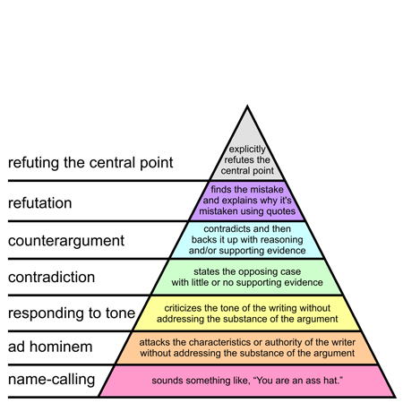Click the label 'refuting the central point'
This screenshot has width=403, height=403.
pyautogui.click(x=90, y=164)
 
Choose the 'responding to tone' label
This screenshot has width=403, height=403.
pyautogui.click(x=71, y=313)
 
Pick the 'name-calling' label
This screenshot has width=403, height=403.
pyautogui.click(x=51, y=380)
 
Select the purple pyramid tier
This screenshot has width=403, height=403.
pyautogui.click(x=246, y=201)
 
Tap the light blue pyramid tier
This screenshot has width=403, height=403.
pyautogui.click(x=246, y=239)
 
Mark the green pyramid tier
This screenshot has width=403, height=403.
pyautogui.click(x=246, y=277)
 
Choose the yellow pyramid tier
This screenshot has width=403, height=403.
pyautogui.click(x=246, y=313)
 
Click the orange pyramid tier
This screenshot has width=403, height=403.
pyautogui.click(x=246, y=347)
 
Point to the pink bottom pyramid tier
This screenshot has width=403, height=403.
pyautogui.click(x=246, y=381)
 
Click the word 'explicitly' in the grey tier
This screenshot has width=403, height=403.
pyautogui.click(x=246, y=150)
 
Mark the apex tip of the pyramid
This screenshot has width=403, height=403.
pyautogui.click(x=246, y=107)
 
